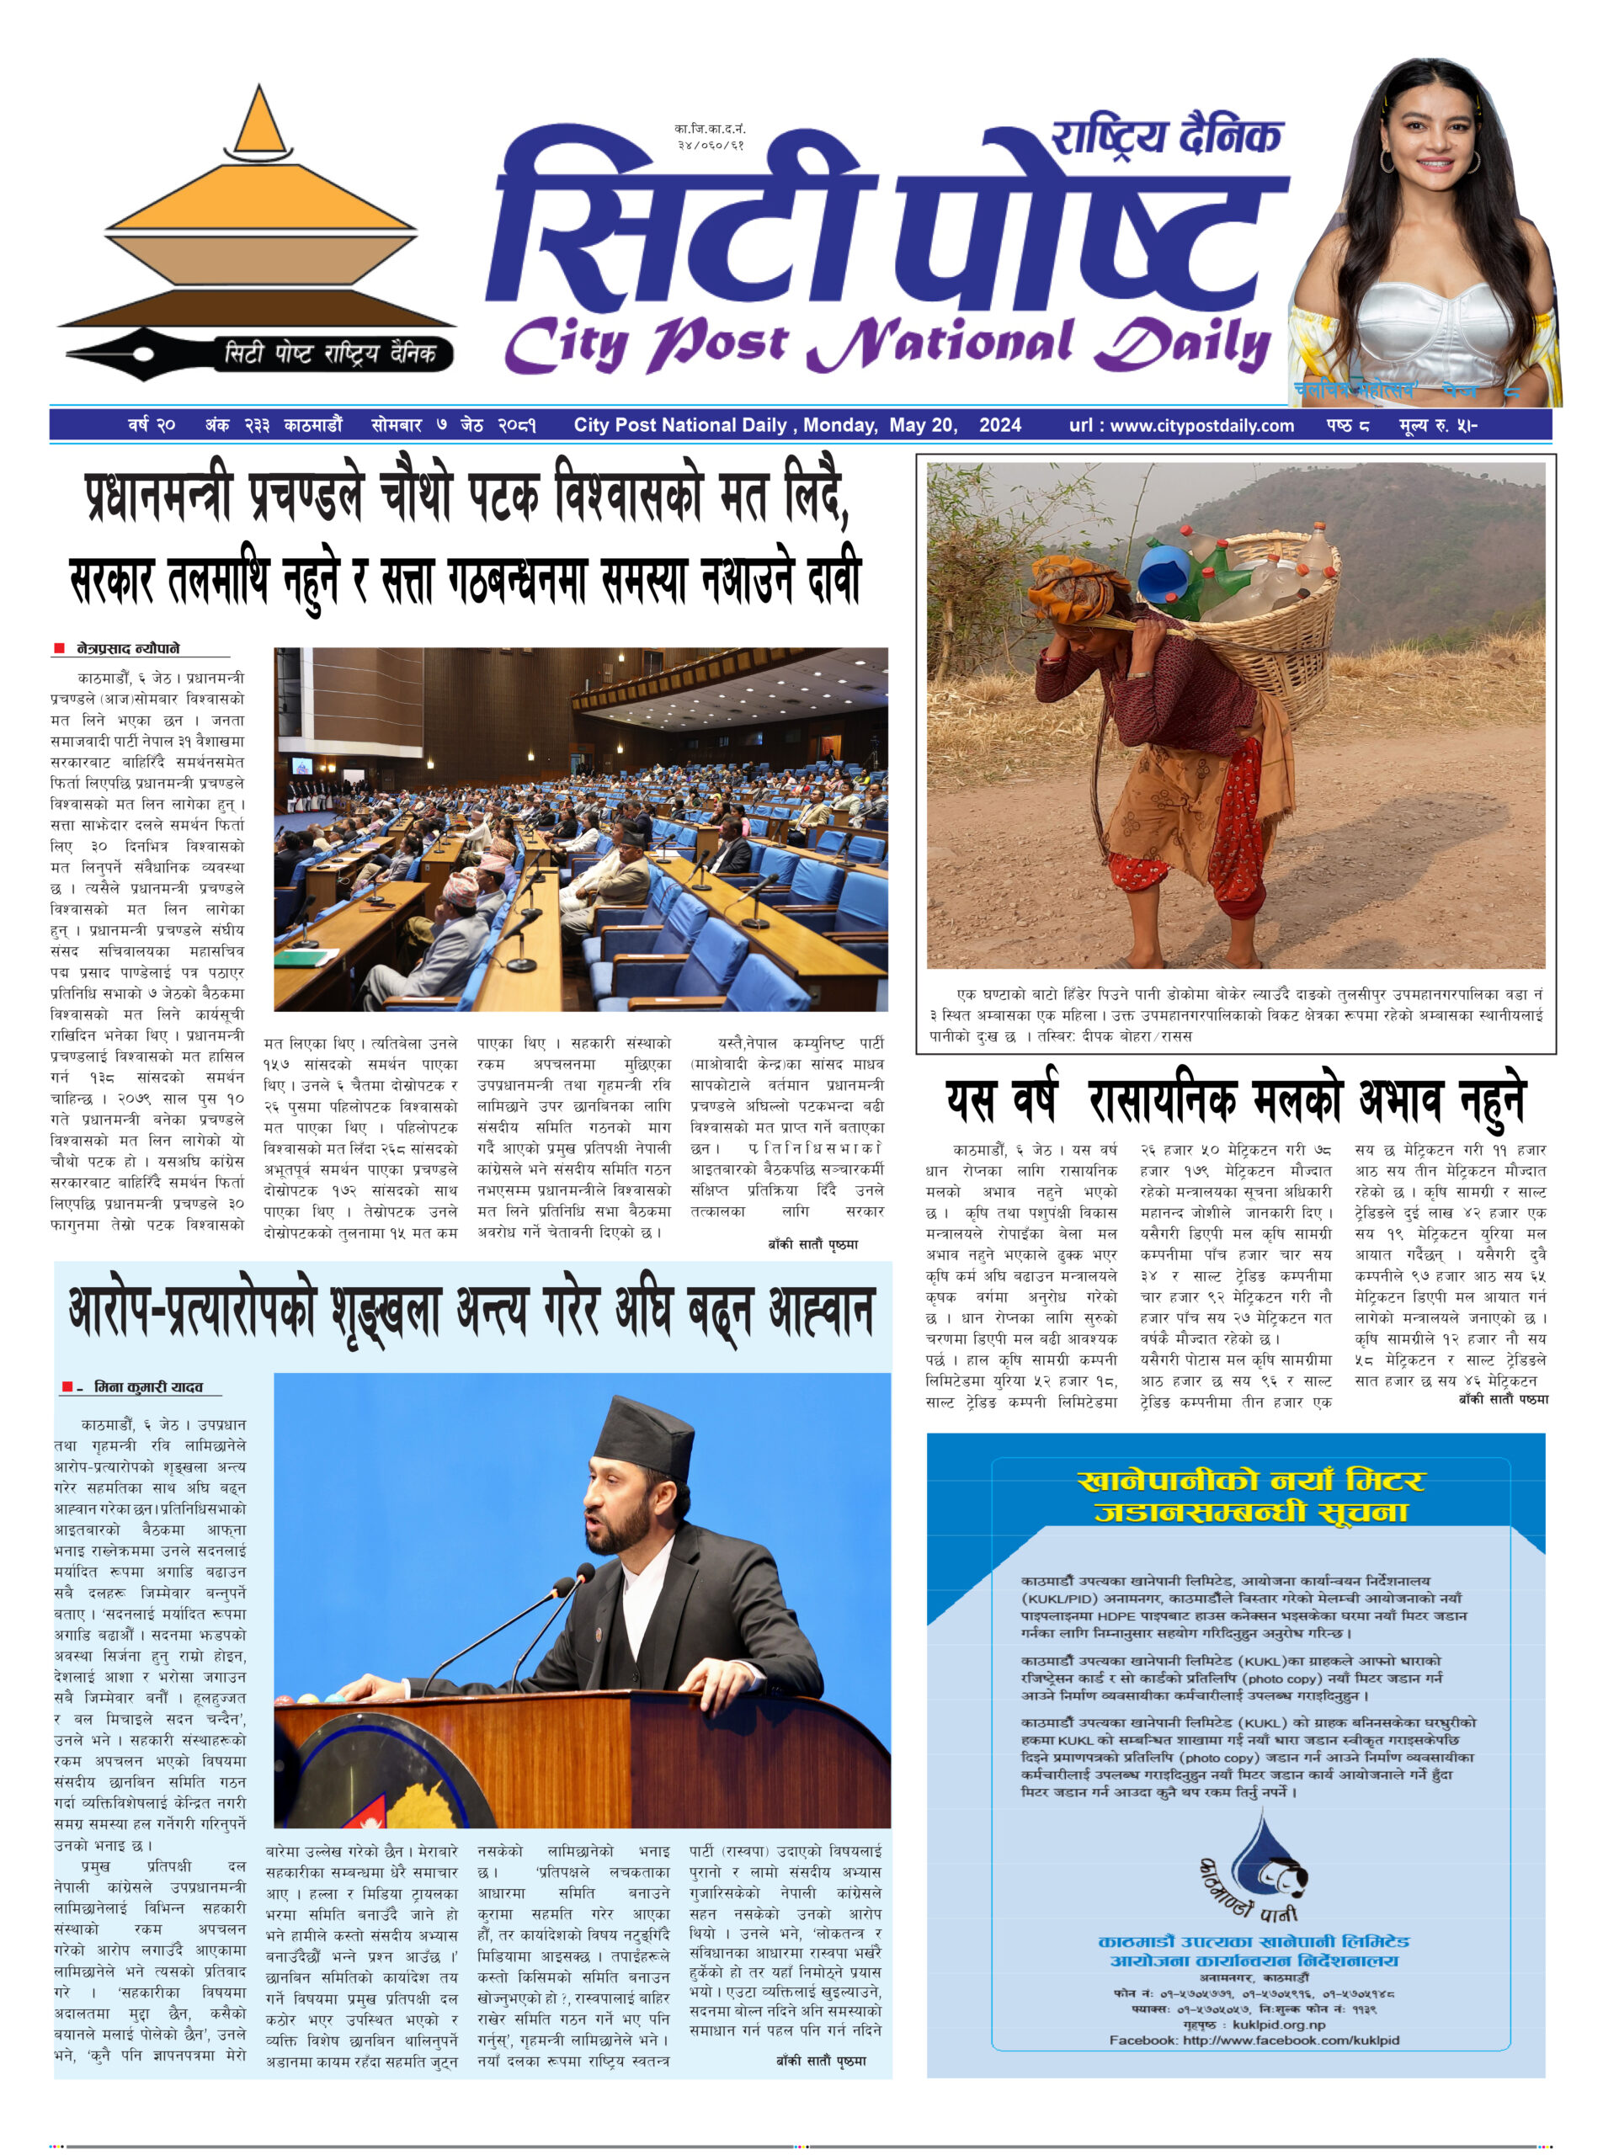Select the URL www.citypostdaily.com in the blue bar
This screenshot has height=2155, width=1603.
(x=1181, y=425)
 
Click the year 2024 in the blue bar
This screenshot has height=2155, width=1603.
(x=999, y=425)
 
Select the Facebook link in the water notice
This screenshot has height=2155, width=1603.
(x=1254, y=2041)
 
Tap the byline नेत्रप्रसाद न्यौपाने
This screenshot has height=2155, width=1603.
(x=128, y=648)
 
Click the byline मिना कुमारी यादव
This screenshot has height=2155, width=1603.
(x=147, y=1387)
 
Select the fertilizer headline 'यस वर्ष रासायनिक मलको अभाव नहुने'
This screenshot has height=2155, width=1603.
(x=1235, y=1101)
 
